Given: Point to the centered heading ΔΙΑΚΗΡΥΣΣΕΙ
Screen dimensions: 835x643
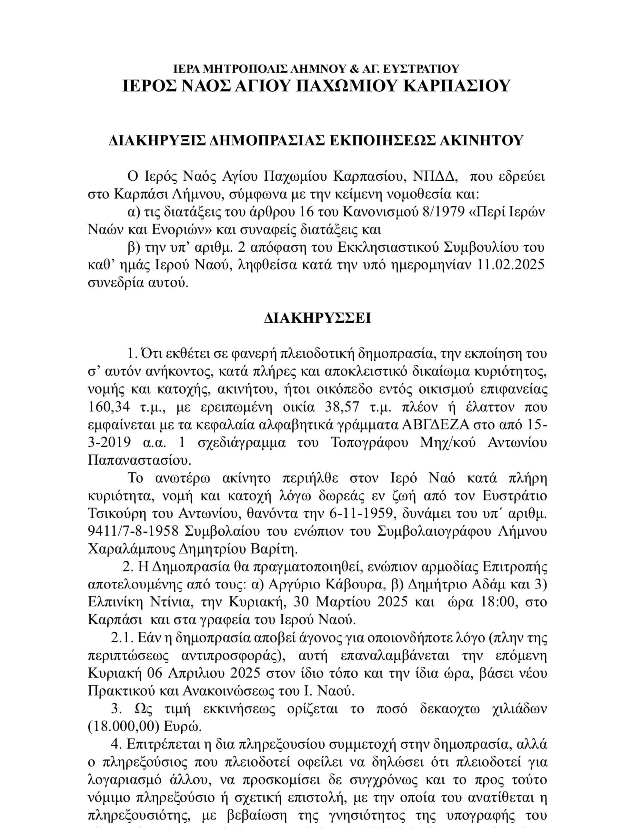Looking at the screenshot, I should tap(317, 318).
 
